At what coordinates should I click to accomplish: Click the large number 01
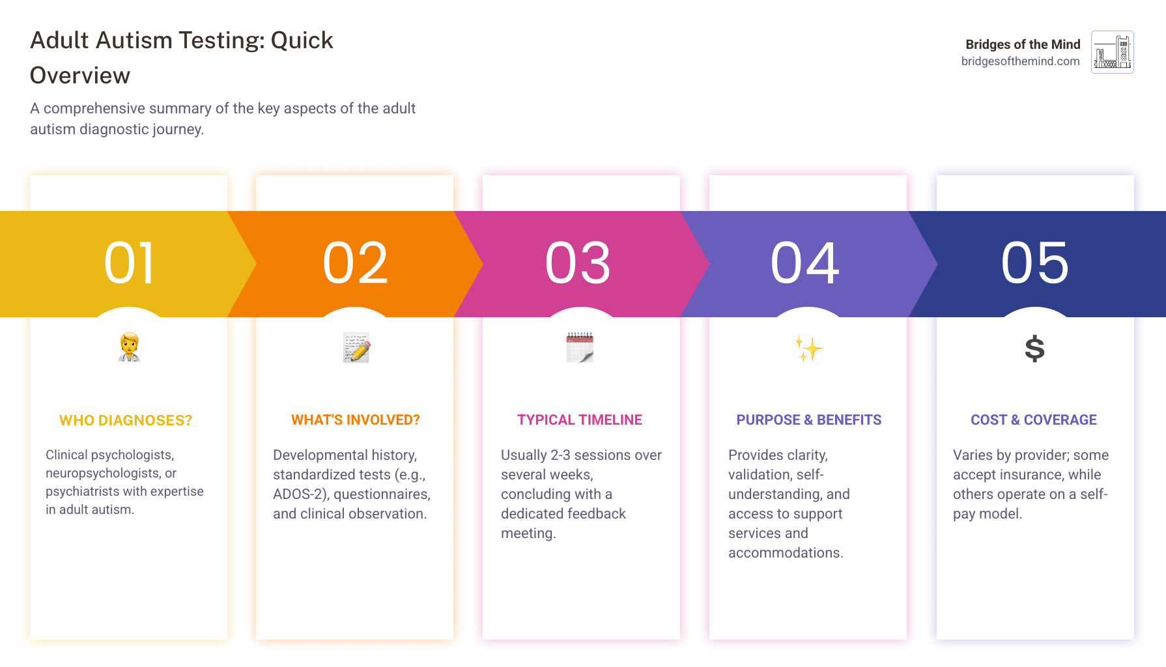129,263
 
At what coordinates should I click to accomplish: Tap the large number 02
355,263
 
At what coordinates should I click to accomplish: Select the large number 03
578,263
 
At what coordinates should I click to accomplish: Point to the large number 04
805,263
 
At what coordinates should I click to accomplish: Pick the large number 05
1034,263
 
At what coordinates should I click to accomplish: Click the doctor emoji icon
129,347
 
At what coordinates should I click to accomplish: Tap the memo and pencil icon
356,347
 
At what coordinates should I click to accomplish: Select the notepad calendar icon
580,347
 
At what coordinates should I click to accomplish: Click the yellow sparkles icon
808,349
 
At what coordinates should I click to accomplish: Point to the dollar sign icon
1034,348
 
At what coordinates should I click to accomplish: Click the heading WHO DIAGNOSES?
126,421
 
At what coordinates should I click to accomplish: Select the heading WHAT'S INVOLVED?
356,420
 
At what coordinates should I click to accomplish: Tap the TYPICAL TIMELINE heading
580,420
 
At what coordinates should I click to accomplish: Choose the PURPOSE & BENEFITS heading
808,420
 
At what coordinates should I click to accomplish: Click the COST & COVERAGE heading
1034,420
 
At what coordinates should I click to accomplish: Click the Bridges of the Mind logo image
1112,52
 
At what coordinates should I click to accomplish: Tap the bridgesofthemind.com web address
1020,61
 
